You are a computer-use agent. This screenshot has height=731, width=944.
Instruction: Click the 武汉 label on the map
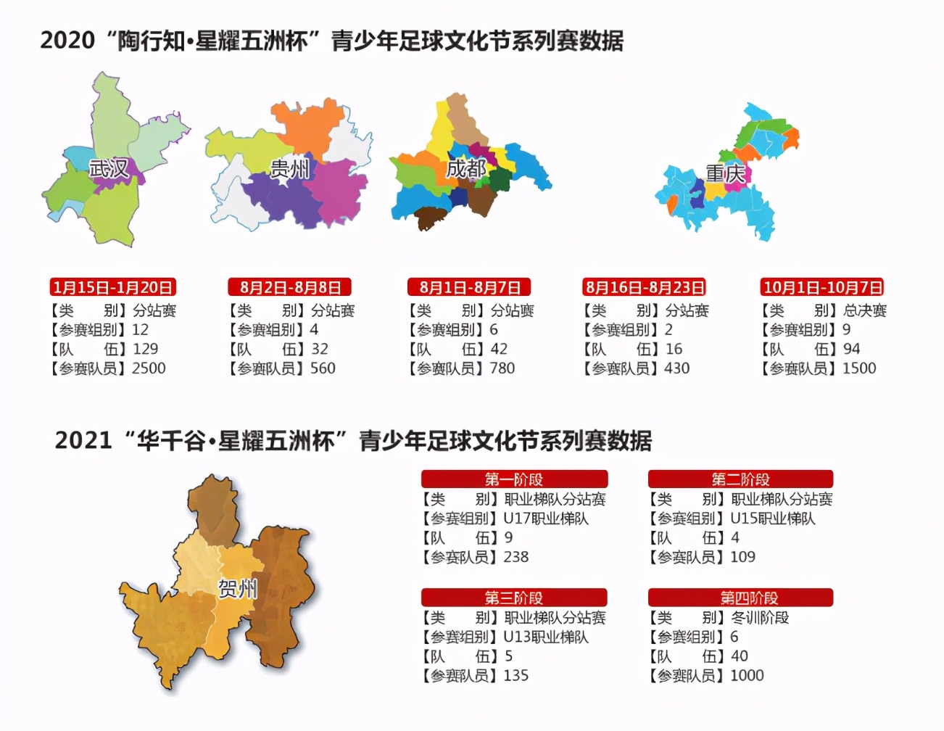click(109, 169)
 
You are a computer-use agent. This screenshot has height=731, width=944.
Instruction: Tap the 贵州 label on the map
click(289, 169)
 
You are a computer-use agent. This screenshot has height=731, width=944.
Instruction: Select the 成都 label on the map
click(465, 169)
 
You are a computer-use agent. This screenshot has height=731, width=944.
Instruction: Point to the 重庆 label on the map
click(725, 173)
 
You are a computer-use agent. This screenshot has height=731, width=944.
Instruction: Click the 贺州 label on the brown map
click(238, 588)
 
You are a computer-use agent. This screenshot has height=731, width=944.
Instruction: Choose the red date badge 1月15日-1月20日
click(113, 287)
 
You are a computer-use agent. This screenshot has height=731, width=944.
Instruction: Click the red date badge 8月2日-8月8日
click(290, 287)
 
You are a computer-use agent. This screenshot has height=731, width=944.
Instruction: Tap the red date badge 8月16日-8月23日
click(645, 287)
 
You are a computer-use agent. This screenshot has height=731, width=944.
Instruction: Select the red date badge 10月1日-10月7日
click(823, 287)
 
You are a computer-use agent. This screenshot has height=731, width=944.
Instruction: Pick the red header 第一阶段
click(514, 479)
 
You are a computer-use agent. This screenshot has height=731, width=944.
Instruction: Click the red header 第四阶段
click(740, 598)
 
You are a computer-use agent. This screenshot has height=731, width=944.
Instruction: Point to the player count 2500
click(149, 368)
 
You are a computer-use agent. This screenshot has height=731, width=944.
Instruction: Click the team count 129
click(145, 349)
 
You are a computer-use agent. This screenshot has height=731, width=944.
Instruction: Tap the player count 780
click(502, 368)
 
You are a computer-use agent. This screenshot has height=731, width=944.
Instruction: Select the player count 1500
click(859, 368)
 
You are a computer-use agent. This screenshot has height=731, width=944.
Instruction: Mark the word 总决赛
click(864, 310)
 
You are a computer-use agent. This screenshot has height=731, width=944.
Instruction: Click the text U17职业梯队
click(546, 519)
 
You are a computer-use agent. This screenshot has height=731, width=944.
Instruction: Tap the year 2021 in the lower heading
click(83, 440)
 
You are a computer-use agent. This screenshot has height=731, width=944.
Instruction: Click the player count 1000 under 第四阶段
click(747, 676)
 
